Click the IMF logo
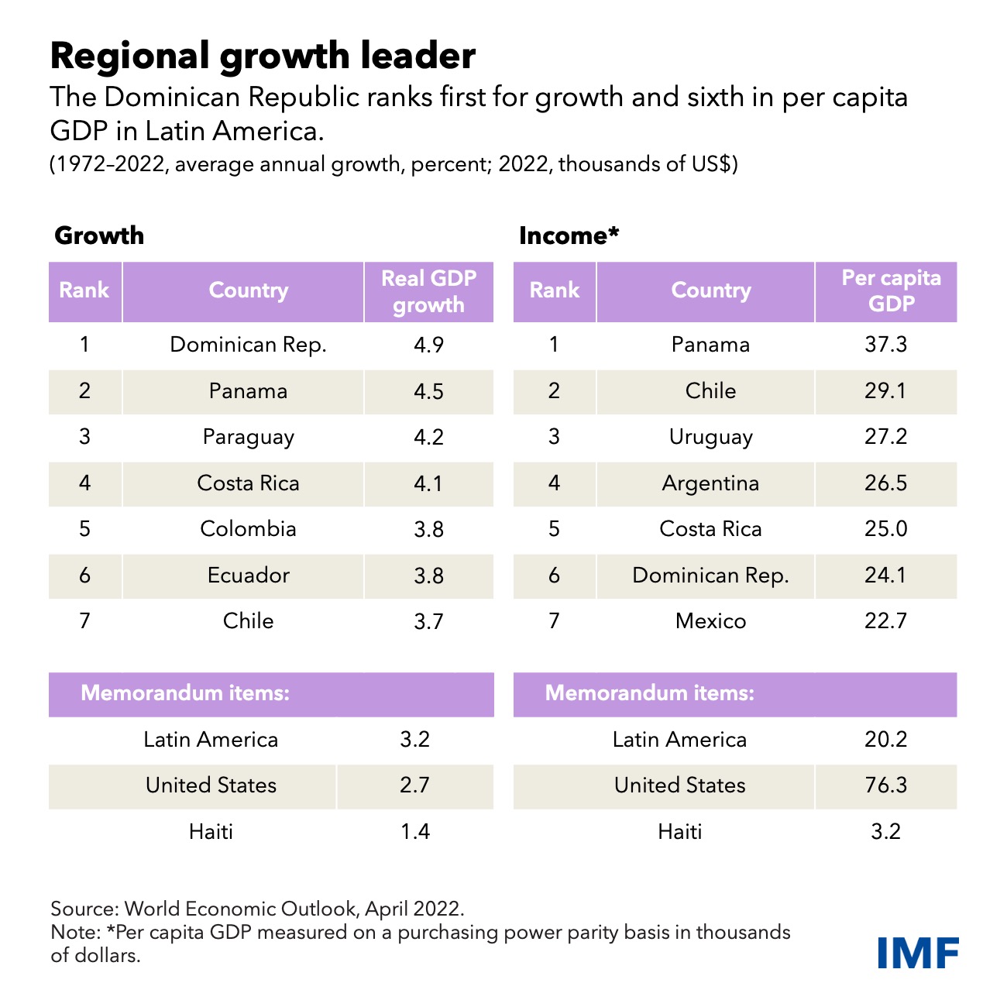coord(918,952)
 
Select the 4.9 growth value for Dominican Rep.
coord(428,345)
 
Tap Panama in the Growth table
coord(248,391)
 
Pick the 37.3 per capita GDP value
coord(885,345)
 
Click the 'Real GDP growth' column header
coord(428,291)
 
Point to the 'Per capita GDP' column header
coord(891,290)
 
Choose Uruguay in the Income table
coord(710,437)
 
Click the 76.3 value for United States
coord(885,785)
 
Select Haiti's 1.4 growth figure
coord(414,832)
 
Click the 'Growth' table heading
coord(99,235)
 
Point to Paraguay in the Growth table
coord(248,437)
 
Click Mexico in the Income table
coord(710,621)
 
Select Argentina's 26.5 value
coord(885,483)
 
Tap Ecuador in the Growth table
coord(248,576)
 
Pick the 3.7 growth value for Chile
coord(428,621)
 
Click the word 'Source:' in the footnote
coord(84,909)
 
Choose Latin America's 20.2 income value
coord(885,740)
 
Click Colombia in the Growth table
coord(248,529)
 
